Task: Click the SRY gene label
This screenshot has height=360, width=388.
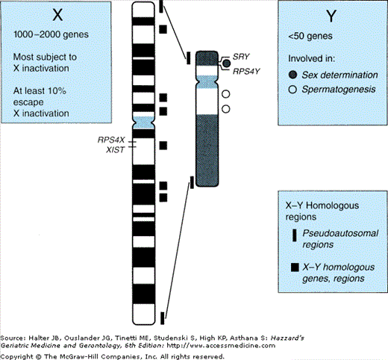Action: pyautogui.click(x=241, y=57)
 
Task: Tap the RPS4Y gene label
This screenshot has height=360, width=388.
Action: pyautogui.click(x=246, y=72)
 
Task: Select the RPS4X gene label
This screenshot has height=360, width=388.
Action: pyautogui.click(x=111, y=140)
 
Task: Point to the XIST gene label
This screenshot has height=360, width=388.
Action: pyautogui.click(x=115, y=150)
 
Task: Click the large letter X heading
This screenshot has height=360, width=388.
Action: pyautogui.click(x=57, y=15)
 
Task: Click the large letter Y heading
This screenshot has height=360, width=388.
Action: pyautogui.click(x=331, y=16)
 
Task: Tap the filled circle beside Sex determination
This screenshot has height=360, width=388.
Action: pyautogui.click(x=293, y=75)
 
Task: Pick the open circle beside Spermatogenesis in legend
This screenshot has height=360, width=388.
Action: pyautogui.click(x=292, y=90)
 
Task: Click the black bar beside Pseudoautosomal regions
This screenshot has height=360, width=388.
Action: pyautogui.click(x=295, y=235)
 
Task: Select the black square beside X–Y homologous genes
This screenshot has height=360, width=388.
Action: pyautogui.click(x=295, y=267)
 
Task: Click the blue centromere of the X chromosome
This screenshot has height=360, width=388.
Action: pyautogui.click(x=143, y=122)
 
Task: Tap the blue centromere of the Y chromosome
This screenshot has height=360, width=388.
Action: pyautogui.click(x=207, y=81)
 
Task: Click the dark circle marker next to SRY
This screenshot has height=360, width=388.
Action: pyautogui.click(x=226, y=63)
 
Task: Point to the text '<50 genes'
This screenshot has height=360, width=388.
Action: pyautogui.click(x=310, y=36)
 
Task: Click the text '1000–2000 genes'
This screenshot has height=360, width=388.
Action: pyautogui.click(x=51, y=34)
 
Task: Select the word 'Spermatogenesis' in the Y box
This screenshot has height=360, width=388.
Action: pyautogui.click(x=339, y=90)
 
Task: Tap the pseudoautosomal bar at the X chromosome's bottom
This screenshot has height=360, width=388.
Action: pyautogui.click(x=162, y=318)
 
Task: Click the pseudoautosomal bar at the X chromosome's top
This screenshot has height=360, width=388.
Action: pyautogui.click(x=161, y=6)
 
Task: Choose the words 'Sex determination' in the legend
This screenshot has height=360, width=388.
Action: pyautogui.click(x=339, y=75)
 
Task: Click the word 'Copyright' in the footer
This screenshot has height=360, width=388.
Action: pyautogui.click(x=16, y=356)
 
